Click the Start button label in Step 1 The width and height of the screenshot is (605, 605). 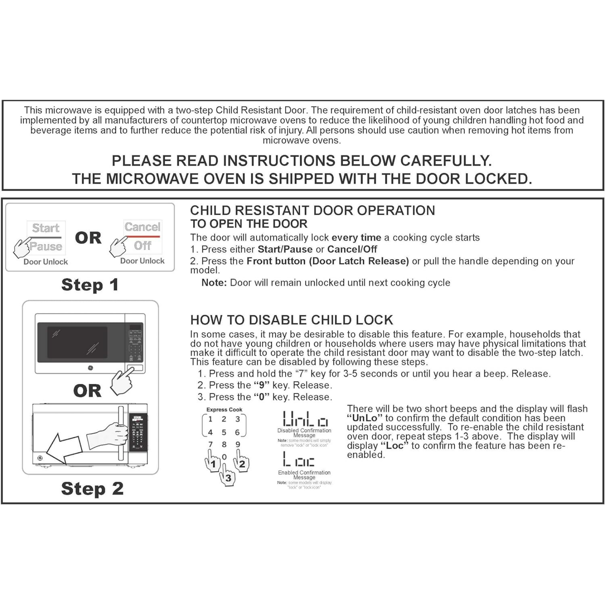pos(45,228)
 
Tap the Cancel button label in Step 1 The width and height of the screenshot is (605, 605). pos(142,227)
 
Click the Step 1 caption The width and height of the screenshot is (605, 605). pos(90,285)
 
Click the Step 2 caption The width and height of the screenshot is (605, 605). pos(92,488)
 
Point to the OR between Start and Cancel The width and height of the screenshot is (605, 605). pos(88,238)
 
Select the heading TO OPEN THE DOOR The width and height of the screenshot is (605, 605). pos(249,224)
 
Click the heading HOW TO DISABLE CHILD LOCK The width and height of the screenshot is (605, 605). pos(292,320)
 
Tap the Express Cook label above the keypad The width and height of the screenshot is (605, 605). pos(224,410)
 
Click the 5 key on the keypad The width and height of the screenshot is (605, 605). pos(224,432)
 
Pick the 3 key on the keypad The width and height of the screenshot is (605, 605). pos(238,419)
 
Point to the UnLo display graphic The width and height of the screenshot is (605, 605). pos(305,419)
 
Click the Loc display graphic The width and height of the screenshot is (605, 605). pos(299,460)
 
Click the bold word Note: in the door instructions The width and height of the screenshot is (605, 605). pos(214,283)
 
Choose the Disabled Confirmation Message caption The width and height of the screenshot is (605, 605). pos(304,433)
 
